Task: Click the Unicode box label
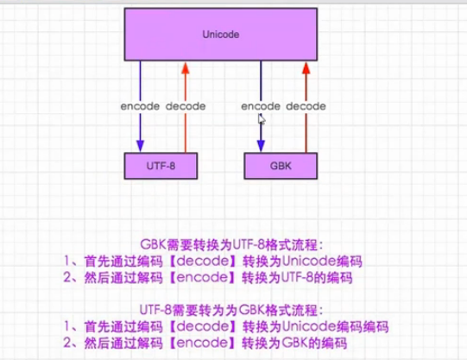click(x=221, y=35)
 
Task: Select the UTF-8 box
click(x=161, y=166)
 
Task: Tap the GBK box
click(x=281, y=166)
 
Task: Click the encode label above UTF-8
click(x=140, y=106)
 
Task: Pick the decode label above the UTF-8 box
click(x=186, y=106)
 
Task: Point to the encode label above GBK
click(x=261, y=106)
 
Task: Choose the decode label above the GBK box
click(x=306, y=106)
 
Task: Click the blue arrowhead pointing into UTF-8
click(x=141, y=146)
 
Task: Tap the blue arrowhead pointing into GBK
click(x=261, y=146)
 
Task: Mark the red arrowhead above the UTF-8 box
click(x=186, y=68)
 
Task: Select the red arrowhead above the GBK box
click(x=306, y=68)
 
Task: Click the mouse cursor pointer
click(x=262, y=119)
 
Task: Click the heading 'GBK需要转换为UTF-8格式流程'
click(x=231, y=245)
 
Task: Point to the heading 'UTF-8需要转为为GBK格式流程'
click(x=231, y=310)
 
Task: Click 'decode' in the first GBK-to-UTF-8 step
click(x=203, y=261)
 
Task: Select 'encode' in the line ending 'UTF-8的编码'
click(x=202, y=277)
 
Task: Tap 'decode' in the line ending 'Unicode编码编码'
click(x=203, y=326)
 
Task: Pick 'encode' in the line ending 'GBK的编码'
click(x=202, y=343)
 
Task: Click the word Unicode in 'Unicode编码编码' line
click(x=309, y=326)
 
